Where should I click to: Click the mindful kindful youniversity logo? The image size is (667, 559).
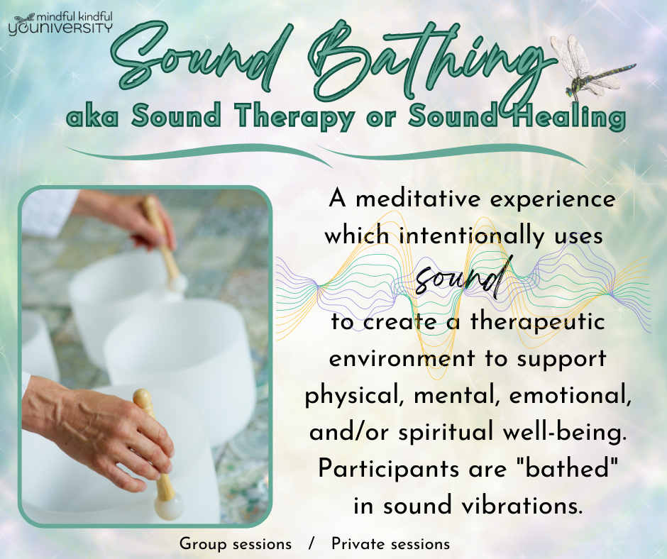[x=61, y=23]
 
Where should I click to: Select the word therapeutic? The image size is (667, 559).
[x=537, y=322]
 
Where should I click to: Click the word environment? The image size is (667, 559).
[x=402, y=359]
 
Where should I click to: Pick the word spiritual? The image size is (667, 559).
[x=446, y=433]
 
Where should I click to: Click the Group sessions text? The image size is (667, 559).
[x=236, y=544]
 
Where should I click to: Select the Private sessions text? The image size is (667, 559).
[x=390, y=544]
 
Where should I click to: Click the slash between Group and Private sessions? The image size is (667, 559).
[x=312, y=544]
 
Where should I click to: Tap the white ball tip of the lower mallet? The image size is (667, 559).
[x=168, y=507]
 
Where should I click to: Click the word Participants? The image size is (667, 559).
[x=389, y=470]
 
